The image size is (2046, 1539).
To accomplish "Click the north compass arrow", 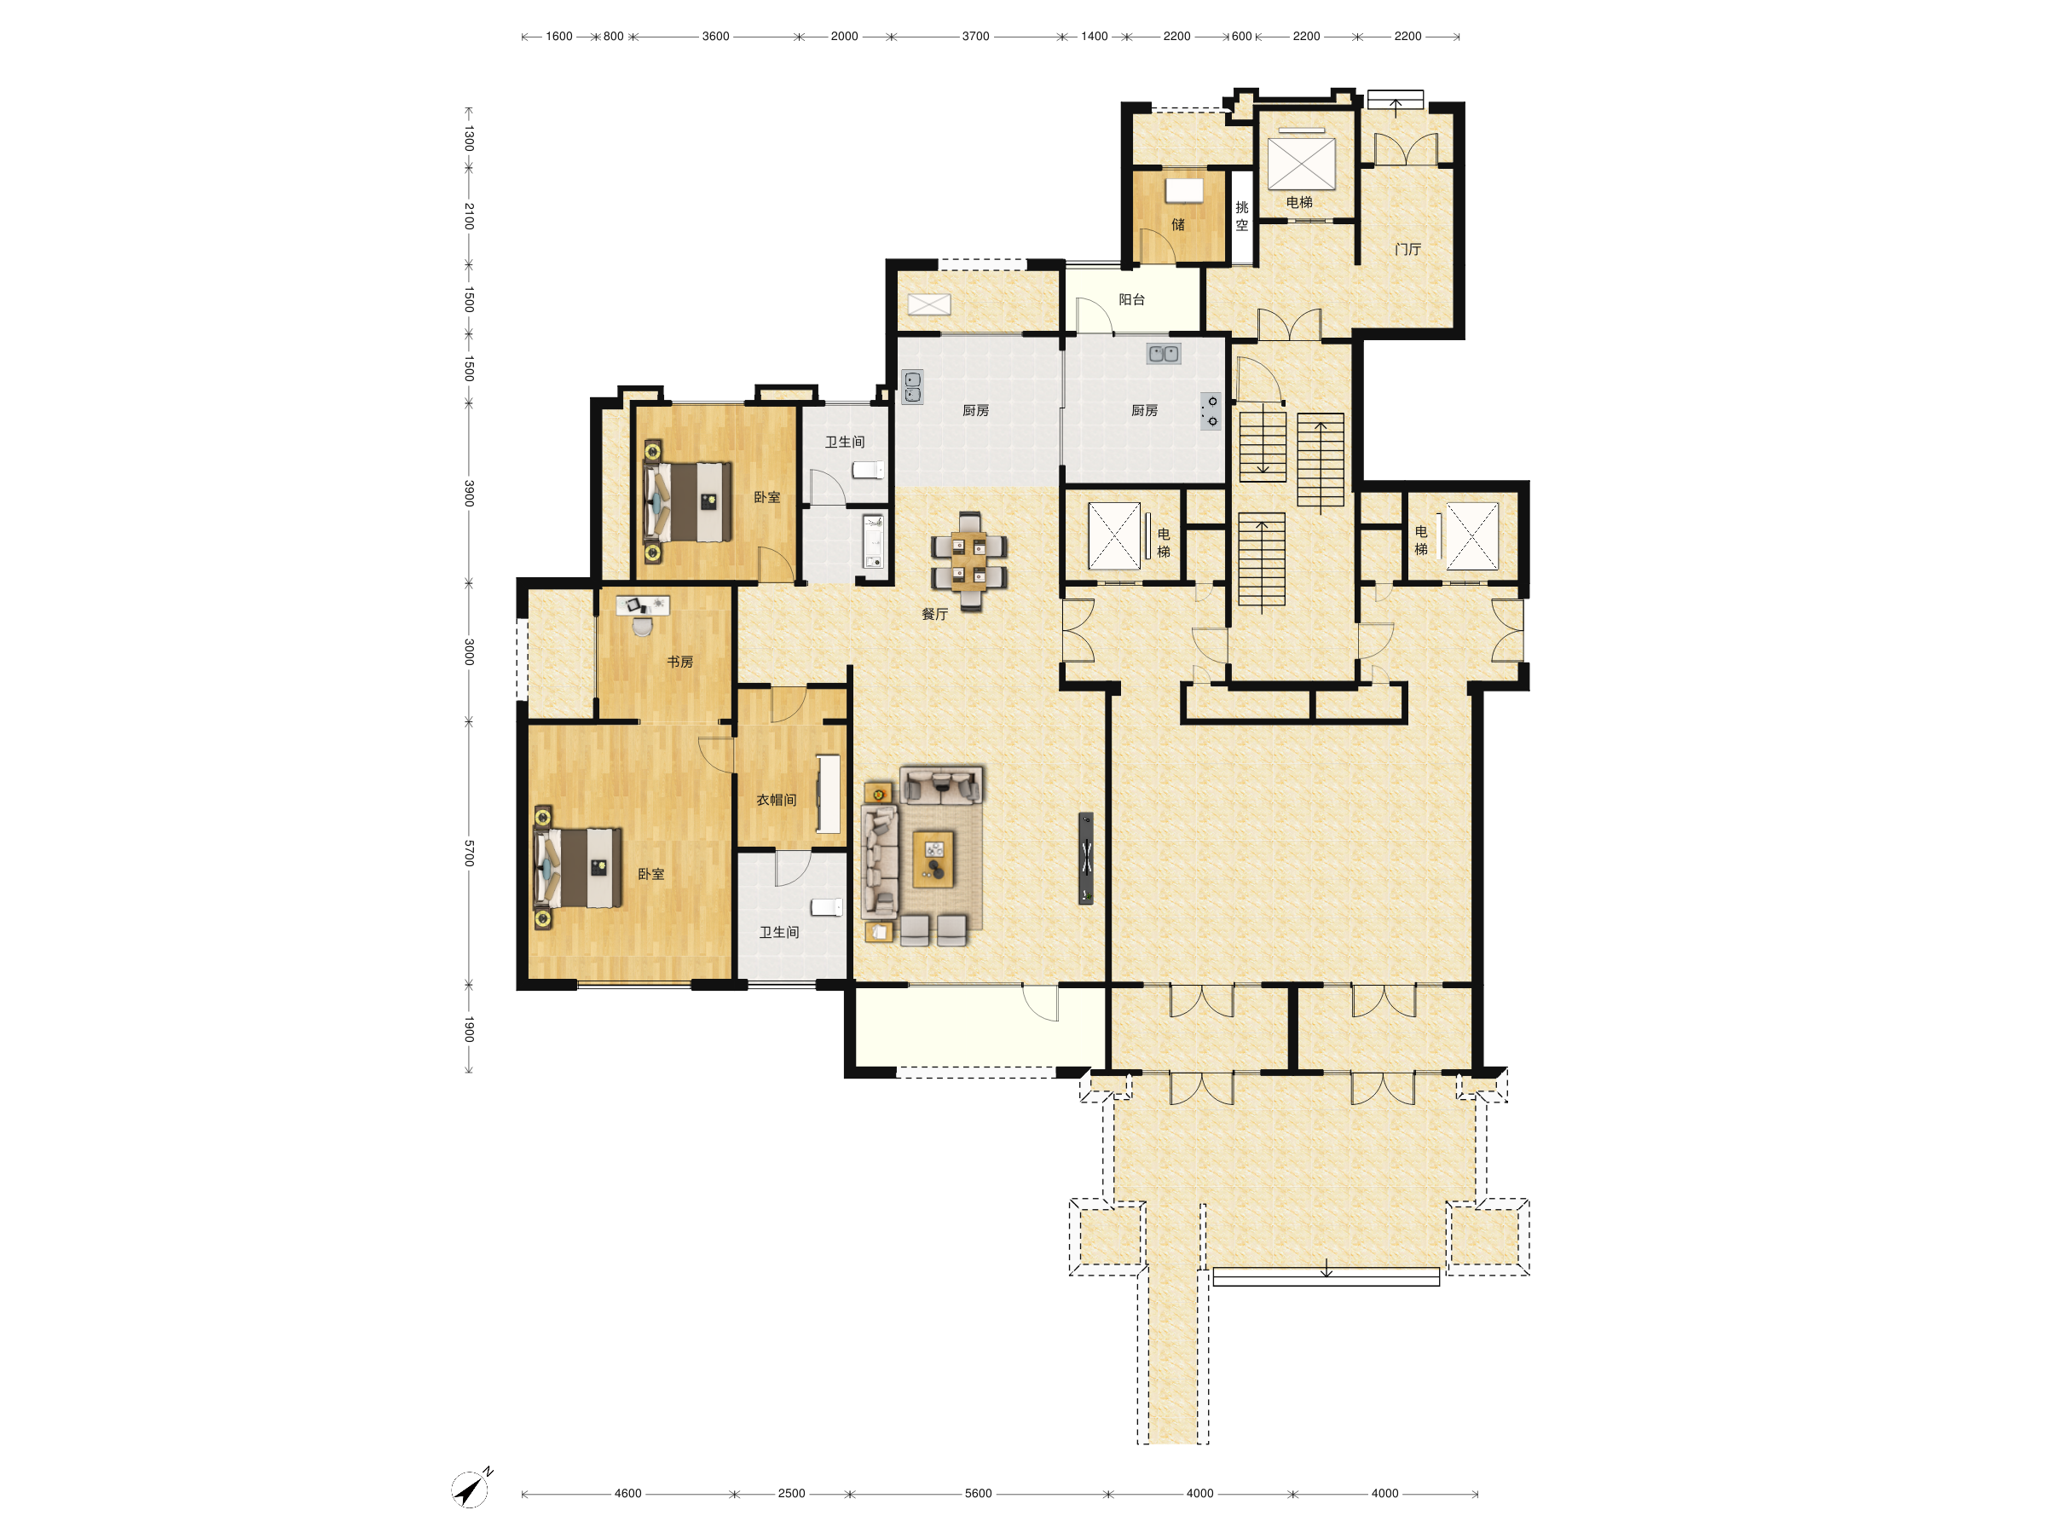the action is pos(471,1488).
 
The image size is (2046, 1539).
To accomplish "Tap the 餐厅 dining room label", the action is pos(934,614).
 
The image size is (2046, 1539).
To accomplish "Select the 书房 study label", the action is pos(679,662).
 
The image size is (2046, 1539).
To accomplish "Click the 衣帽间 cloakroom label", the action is pos(776,800).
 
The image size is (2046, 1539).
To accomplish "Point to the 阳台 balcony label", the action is pos(1131,299).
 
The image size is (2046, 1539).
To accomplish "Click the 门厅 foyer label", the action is pos(1407,249).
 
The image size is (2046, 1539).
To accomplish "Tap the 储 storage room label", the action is pos(1177,225).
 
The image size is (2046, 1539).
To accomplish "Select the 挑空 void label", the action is pos(1241,217).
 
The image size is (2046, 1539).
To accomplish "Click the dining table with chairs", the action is pos(969,561).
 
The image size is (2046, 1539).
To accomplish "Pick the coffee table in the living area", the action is pos(934,859).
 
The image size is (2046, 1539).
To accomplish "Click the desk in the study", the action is pos(643,606).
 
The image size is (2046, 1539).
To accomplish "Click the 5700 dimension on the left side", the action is pos(469,853).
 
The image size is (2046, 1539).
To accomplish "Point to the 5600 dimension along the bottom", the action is pos(978,1494).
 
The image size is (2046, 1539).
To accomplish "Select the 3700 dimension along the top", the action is pos(975,36).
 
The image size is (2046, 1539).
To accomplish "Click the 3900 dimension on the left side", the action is pos(469,493).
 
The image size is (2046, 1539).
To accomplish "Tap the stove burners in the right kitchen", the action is pos(1211,412).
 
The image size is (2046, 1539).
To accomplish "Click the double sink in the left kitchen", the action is pos(912,386).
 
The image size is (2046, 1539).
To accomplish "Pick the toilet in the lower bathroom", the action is pos(827,907).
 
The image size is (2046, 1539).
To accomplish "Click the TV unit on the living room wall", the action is pos(1086,859).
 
